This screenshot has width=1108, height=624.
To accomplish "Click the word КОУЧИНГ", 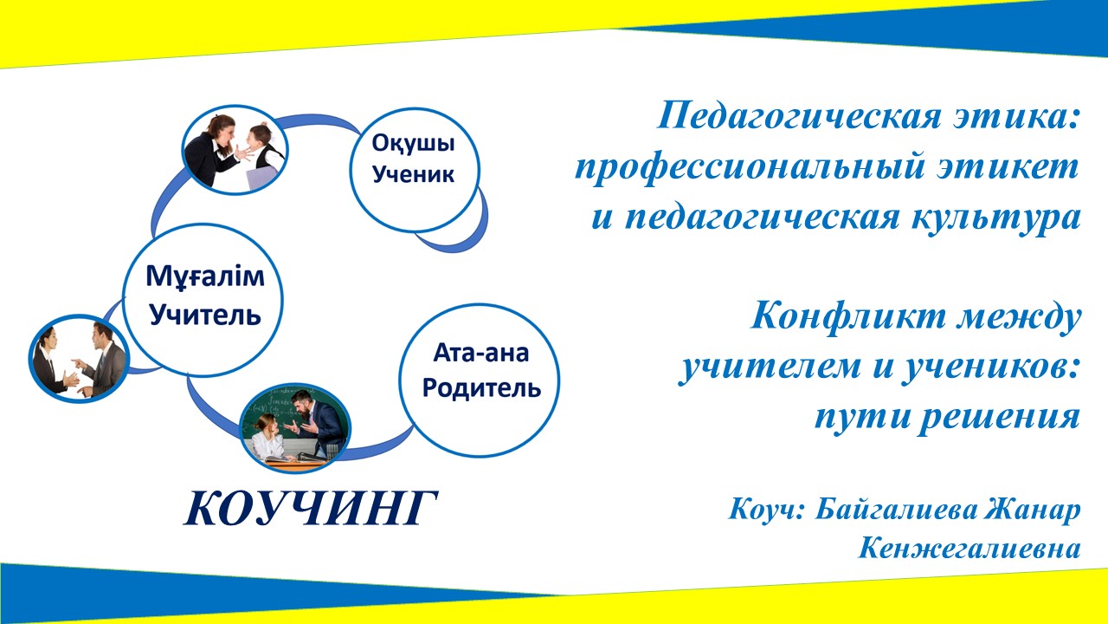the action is [311, 509].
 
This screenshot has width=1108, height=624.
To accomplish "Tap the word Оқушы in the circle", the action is [413, 144].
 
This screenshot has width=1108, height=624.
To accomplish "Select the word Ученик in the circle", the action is [413, 174].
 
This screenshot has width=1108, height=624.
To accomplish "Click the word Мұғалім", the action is [205, 276].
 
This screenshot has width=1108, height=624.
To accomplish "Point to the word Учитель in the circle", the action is [205, 315].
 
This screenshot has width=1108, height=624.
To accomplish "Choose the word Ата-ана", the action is [480, 353].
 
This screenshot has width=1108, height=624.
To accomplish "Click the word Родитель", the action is [481, 388].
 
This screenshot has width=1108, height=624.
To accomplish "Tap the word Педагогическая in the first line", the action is [799, 117].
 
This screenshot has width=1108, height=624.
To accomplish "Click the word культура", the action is [995, 218].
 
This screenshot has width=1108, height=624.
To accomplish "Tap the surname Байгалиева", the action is [896, 509].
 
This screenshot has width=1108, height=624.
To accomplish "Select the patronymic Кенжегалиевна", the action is [969, 549].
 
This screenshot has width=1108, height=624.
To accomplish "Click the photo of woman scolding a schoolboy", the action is [235, 150].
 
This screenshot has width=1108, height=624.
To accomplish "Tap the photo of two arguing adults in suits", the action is [79, 359].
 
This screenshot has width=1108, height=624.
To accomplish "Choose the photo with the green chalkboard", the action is [295, 428].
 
